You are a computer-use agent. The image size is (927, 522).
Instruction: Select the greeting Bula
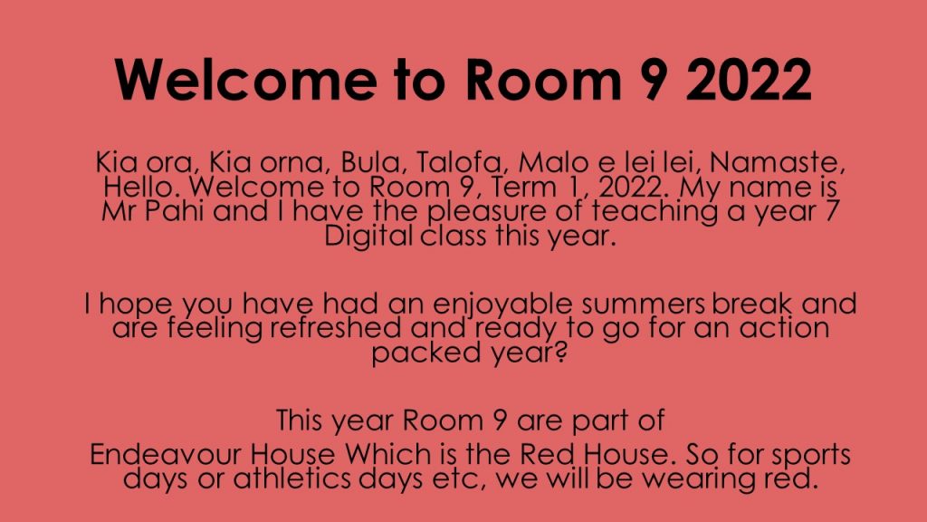[363, 164]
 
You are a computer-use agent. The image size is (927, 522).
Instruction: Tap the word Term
[519, 188]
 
